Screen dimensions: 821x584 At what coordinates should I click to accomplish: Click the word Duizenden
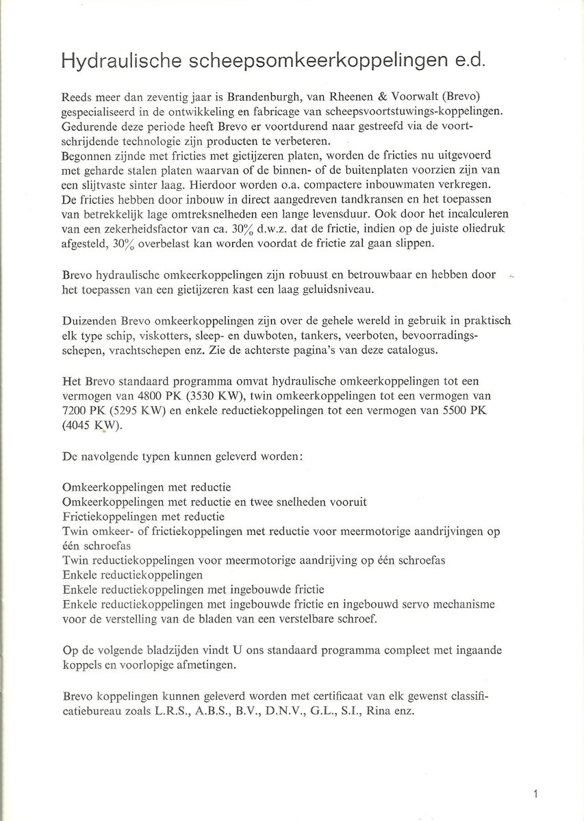87,322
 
